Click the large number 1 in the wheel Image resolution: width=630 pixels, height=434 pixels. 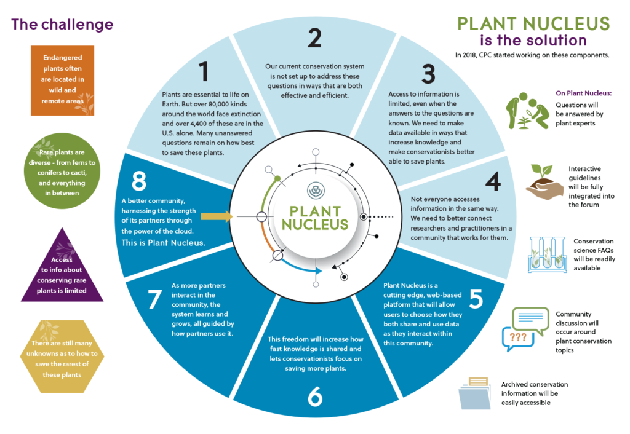pos(204,73)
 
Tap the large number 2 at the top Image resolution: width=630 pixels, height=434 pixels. pos(314,38)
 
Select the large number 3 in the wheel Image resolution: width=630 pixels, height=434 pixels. pos(428,74)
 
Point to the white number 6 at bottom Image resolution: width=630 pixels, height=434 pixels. pos(314,397)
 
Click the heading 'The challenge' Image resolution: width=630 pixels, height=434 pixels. pos(62,24)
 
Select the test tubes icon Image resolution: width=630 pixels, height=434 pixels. pos(546,254)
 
